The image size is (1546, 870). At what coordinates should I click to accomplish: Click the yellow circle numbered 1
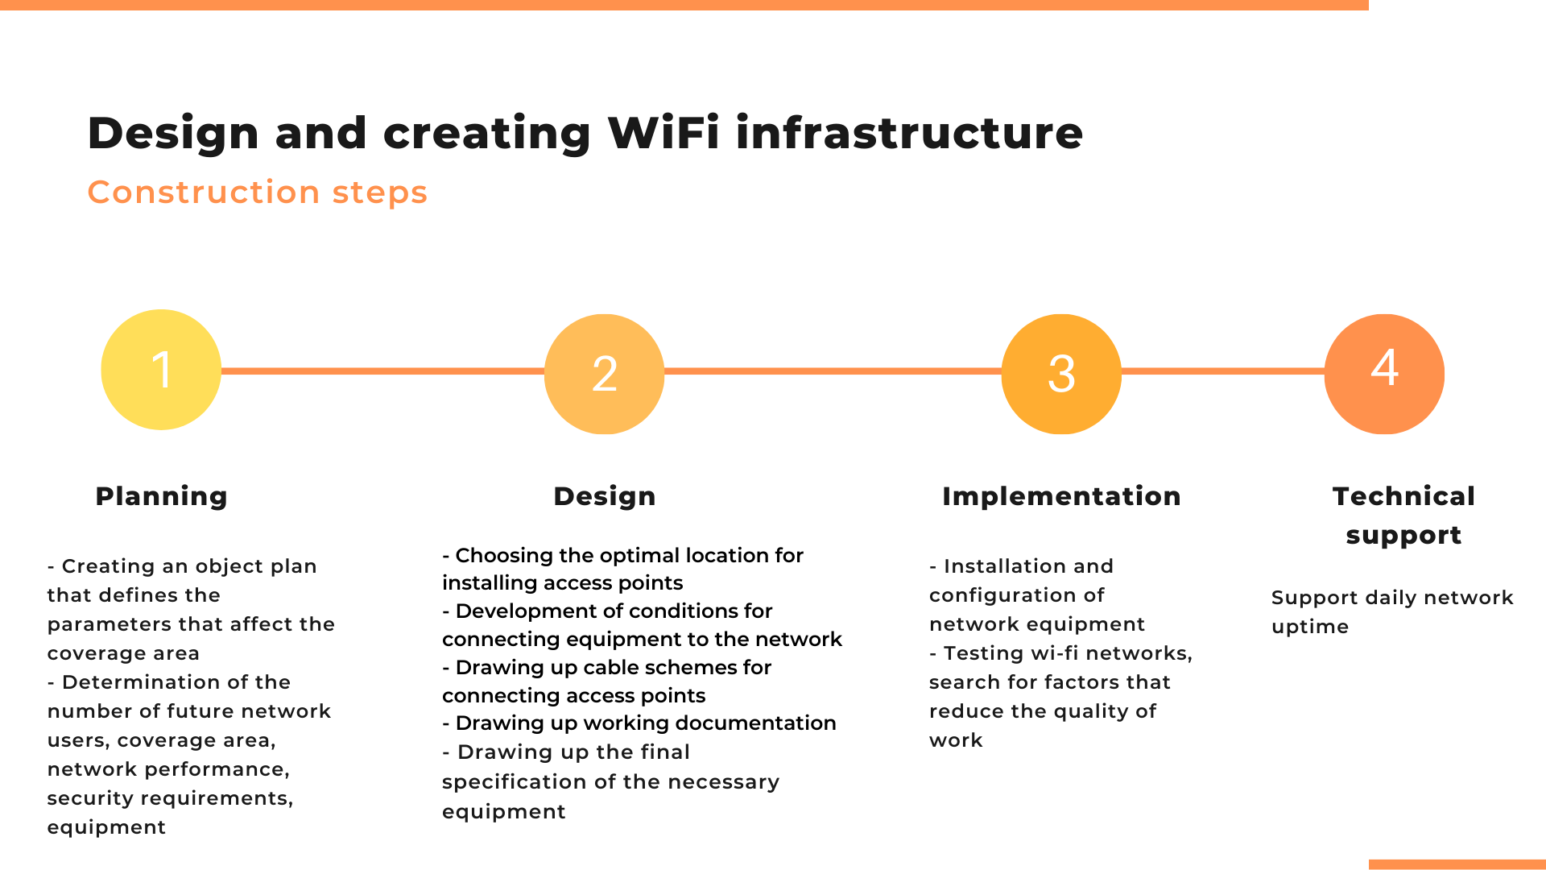point(161,370)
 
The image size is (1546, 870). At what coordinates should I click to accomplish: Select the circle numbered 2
point(605,374)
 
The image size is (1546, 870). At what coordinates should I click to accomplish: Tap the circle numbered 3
point(1061,374)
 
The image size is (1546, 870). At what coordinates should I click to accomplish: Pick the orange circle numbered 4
point(1384,374)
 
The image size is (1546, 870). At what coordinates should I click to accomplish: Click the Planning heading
point(161,496)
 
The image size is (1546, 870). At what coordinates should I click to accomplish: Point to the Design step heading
point(605,496)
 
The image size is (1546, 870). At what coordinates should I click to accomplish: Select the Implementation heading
point(1061,496)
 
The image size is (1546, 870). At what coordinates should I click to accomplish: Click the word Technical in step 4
point(1403,496)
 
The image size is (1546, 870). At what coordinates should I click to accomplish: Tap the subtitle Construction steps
point(258,193)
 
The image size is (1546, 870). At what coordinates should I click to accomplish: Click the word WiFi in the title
point(663,133)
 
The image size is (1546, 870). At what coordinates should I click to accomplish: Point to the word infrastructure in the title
point(910,133)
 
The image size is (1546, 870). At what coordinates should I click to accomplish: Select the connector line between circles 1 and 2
point(382,371)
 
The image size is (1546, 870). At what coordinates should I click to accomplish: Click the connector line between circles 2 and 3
point(833,371)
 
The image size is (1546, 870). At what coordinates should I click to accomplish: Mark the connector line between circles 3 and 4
point(1222,371)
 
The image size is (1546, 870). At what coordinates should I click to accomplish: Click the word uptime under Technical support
point(1310,628)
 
